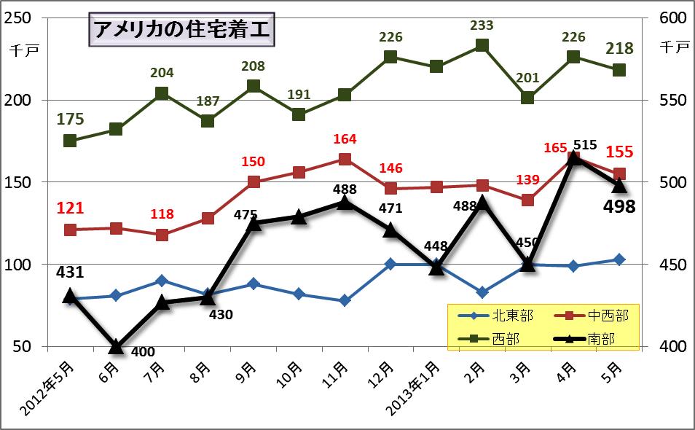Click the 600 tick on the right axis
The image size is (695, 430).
[x=671, y=19]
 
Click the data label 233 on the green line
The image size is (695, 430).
[x=482, y=26]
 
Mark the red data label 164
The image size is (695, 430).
[x=345, y=139]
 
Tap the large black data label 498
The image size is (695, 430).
[x=619, y=207]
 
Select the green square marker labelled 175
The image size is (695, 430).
[x=70, y=141]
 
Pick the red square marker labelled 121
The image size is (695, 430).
[x=70, y=230]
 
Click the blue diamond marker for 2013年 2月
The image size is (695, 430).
[x=482, y=292]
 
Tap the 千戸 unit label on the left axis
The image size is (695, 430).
[x=19, y=50]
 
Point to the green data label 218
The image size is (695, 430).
[x=619, y=49]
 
